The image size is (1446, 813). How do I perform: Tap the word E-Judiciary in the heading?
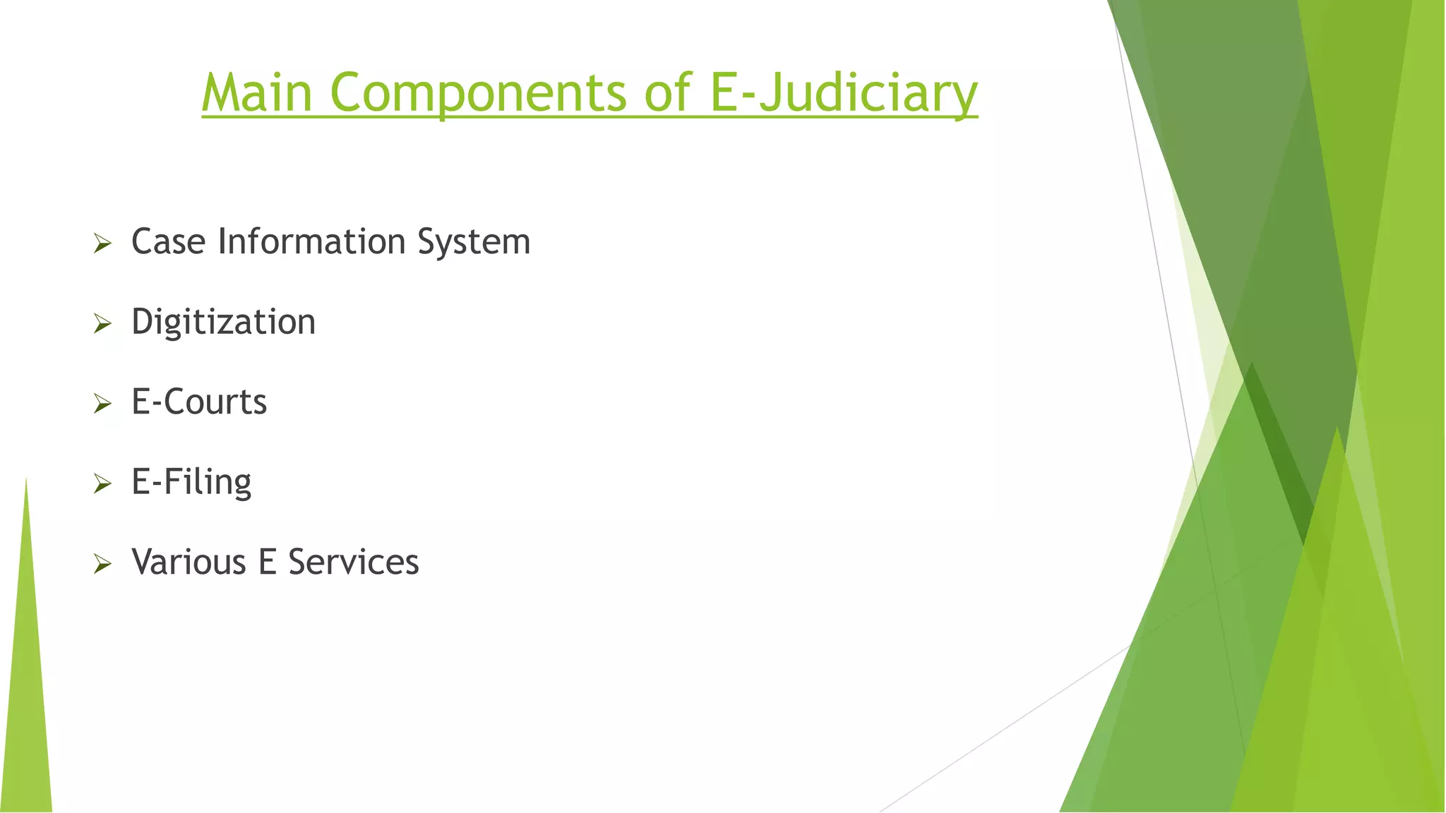point(844,94)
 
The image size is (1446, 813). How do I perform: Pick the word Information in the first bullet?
point(311,242)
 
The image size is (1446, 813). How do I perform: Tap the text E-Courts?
point(199,402)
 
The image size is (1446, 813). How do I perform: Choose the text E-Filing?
point(191,483)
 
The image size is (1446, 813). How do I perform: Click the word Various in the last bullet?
point(189,562)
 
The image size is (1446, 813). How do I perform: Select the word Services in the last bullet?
point(354,562)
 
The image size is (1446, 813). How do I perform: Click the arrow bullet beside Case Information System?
point(103,244)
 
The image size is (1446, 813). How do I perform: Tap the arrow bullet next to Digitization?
point(103,324)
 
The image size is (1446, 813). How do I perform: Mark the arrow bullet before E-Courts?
point(103,404)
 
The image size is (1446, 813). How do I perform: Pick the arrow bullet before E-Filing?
point(103,483)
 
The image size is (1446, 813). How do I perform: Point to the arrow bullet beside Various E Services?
point(103,564)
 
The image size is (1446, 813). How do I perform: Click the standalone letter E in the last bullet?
point(267,562)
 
